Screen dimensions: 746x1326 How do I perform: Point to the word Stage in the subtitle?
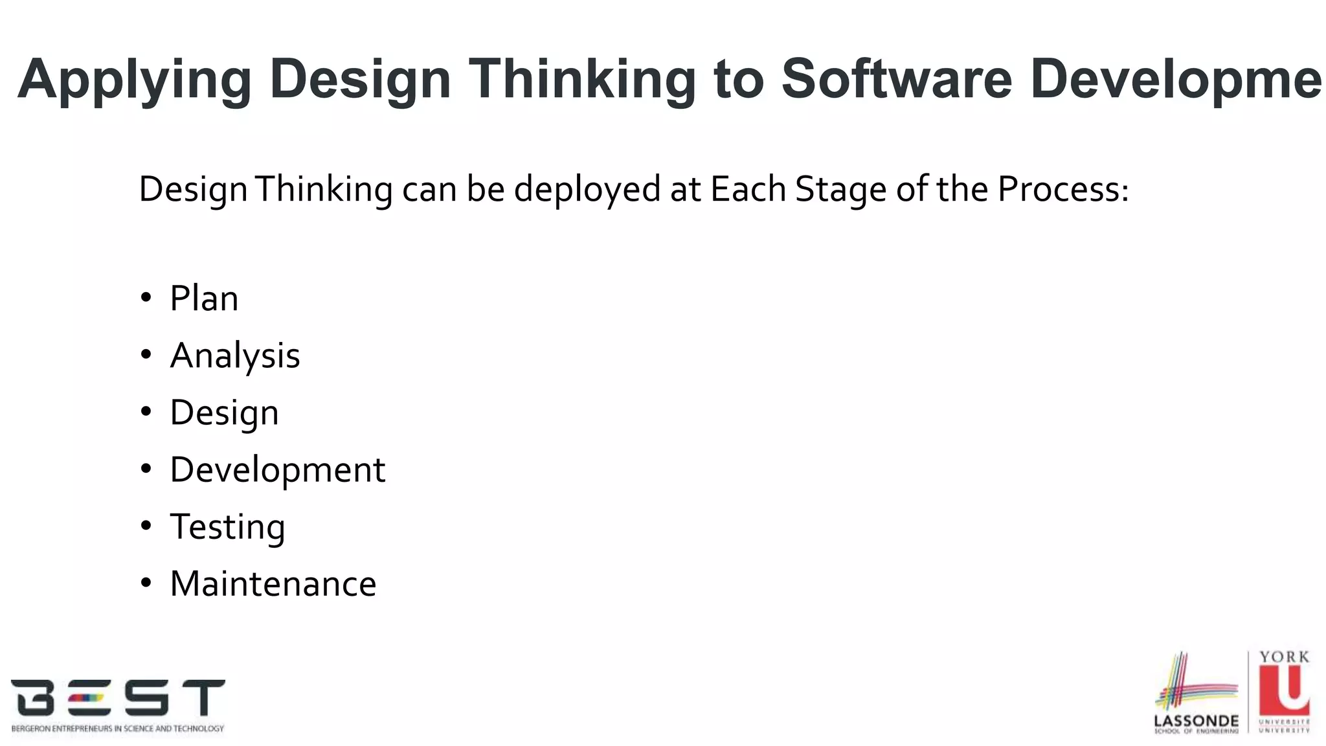840,190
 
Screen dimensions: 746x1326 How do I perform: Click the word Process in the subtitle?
1062,189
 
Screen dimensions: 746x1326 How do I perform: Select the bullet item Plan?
204,299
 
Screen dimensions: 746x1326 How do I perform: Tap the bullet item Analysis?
235,356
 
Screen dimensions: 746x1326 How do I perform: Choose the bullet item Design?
224,413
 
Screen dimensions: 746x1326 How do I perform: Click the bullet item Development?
277,469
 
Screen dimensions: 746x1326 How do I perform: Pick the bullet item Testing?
227,526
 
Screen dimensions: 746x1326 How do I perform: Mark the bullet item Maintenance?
273,583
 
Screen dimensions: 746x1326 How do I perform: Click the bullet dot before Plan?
146,298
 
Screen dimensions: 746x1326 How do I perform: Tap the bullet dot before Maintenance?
146,583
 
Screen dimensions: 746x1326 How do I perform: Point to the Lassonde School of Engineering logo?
1196,693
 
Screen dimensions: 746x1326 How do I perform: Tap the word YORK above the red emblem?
1285,657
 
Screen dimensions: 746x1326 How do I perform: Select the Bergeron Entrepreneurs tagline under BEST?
118,729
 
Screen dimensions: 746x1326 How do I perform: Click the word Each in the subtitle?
748,189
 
